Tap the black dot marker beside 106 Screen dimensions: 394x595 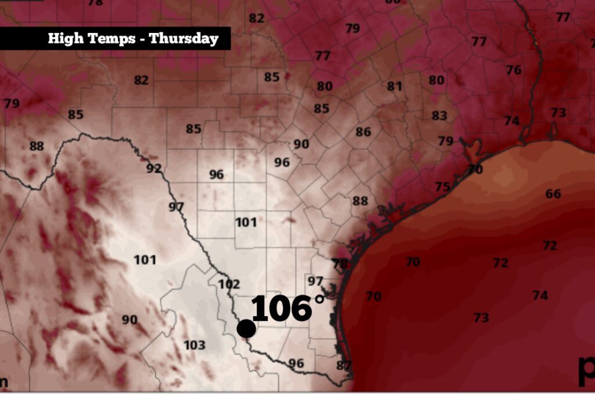[246, 328]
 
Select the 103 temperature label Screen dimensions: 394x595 [194, 345]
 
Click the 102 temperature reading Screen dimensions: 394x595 [228, 284]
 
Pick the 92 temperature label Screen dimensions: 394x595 [153, 169]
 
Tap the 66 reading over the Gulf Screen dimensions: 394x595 [553, 194]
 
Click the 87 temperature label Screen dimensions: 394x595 [344, 366]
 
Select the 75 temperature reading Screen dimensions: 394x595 [443, 186]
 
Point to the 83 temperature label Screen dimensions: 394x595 [439, 115]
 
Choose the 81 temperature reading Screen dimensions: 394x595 [395, 86]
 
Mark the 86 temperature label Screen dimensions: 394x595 [363, 132]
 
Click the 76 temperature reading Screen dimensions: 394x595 [513, 70]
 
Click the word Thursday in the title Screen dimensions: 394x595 [184, 39]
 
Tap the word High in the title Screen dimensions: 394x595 [61, 39]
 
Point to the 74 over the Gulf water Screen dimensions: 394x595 [540, 295]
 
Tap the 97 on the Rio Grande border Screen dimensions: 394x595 [176, 207]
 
